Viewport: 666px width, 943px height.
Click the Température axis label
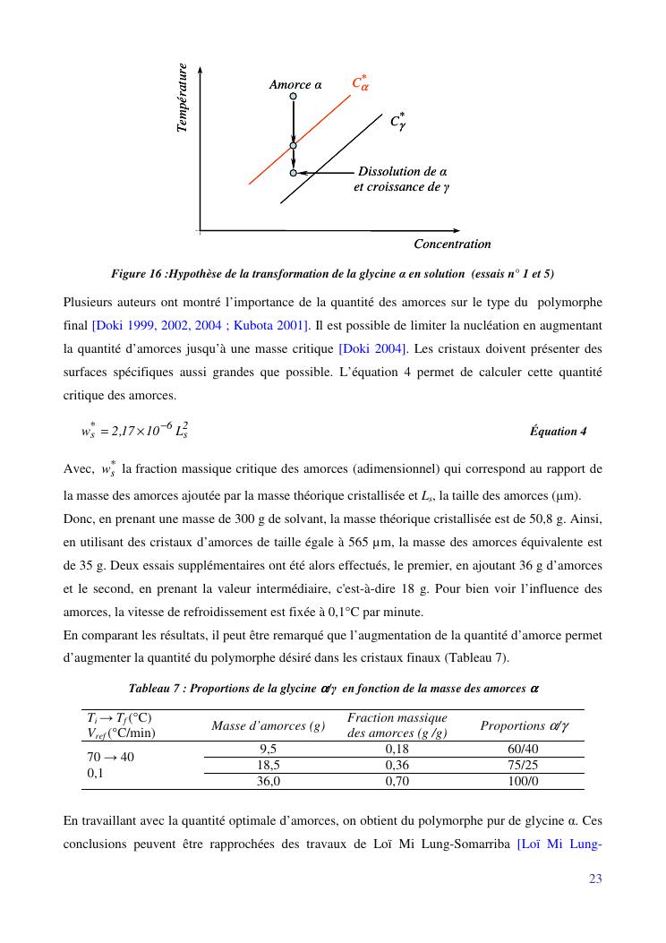click(x=183, y=99)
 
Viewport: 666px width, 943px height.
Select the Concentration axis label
click(x=452, y=244)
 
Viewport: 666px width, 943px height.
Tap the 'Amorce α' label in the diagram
click(x=295, y=85)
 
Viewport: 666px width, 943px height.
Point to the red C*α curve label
click(x=361, y=84)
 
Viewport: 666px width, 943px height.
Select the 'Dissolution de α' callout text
click(x=403, y=171)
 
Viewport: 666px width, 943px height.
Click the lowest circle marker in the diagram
click(x=293, y=171)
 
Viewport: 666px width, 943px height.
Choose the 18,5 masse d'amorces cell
click(x=269, y=765)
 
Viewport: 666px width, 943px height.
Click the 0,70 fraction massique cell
click(x=397, y=781)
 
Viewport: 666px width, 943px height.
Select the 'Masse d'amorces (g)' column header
click(x=268, y=725)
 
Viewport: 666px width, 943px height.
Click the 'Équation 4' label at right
click(x=559, y=431)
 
